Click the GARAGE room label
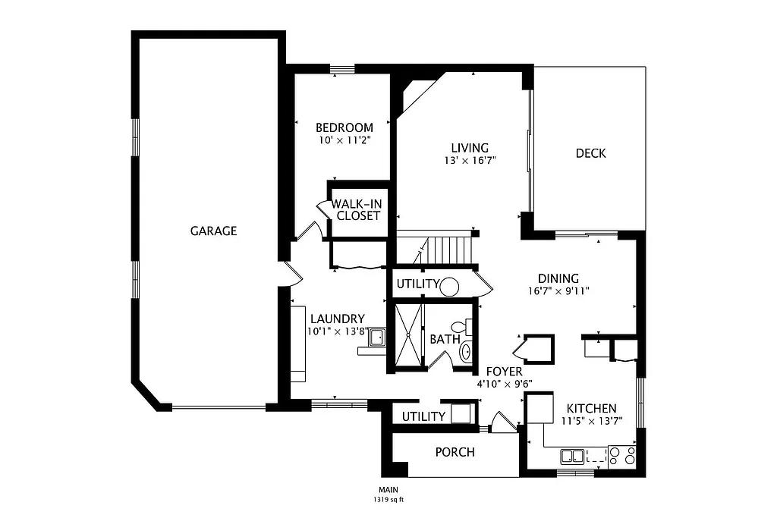point(213,231)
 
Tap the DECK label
point(590,153)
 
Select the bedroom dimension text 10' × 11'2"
point(344,140)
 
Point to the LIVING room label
point(469,148)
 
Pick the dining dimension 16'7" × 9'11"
point(558,290)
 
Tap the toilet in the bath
point(469,328)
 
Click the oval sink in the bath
point(466,351)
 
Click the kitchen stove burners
point(621,455)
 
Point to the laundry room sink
point(377,337)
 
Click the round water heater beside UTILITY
point(449,287)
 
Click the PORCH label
point(455,452)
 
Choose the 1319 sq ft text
point(387,500)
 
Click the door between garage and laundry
point(287,273)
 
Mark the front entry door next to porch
point(500,422)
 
